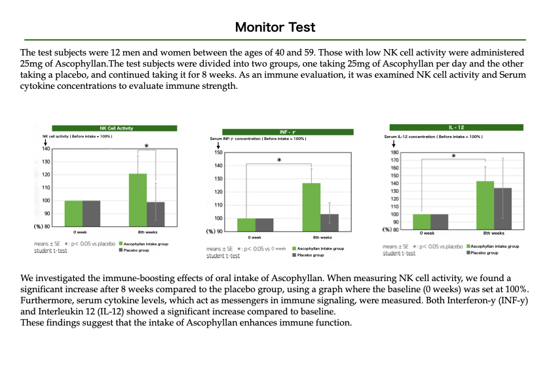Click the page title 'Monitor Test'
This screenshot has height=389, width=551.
click(275, 27)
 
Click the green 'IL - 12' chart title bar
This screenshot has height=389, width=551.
click(456, 127)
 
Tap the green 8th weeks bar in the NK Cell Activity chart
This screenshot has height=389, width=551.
click(138, 199)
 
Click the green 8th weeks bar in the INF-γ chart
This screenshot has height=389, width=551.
click(311, 207)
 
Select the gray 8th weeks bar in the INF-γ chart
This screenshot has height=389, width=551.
click(330, 222)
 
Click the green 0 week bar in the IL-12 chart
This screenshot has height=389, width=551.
click(421, 222)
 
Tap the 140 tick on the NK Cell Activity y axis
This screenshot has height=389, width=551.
click(46, 149)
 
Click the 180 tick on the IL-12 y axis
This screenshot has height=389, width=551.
click(394, 152)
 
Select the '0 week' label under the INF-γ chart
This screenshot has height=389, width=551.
click(255, 237)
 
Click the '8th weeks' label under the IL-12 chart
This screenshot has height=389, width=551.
click(494, 233)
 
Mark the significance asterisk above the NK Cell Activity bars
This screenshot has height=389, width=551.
click(146, 146)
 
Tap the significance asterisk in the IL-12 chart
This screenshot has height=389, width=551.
click(453, 156)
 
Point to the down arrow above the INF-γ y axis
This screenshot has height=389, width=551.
click(210, 145)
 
